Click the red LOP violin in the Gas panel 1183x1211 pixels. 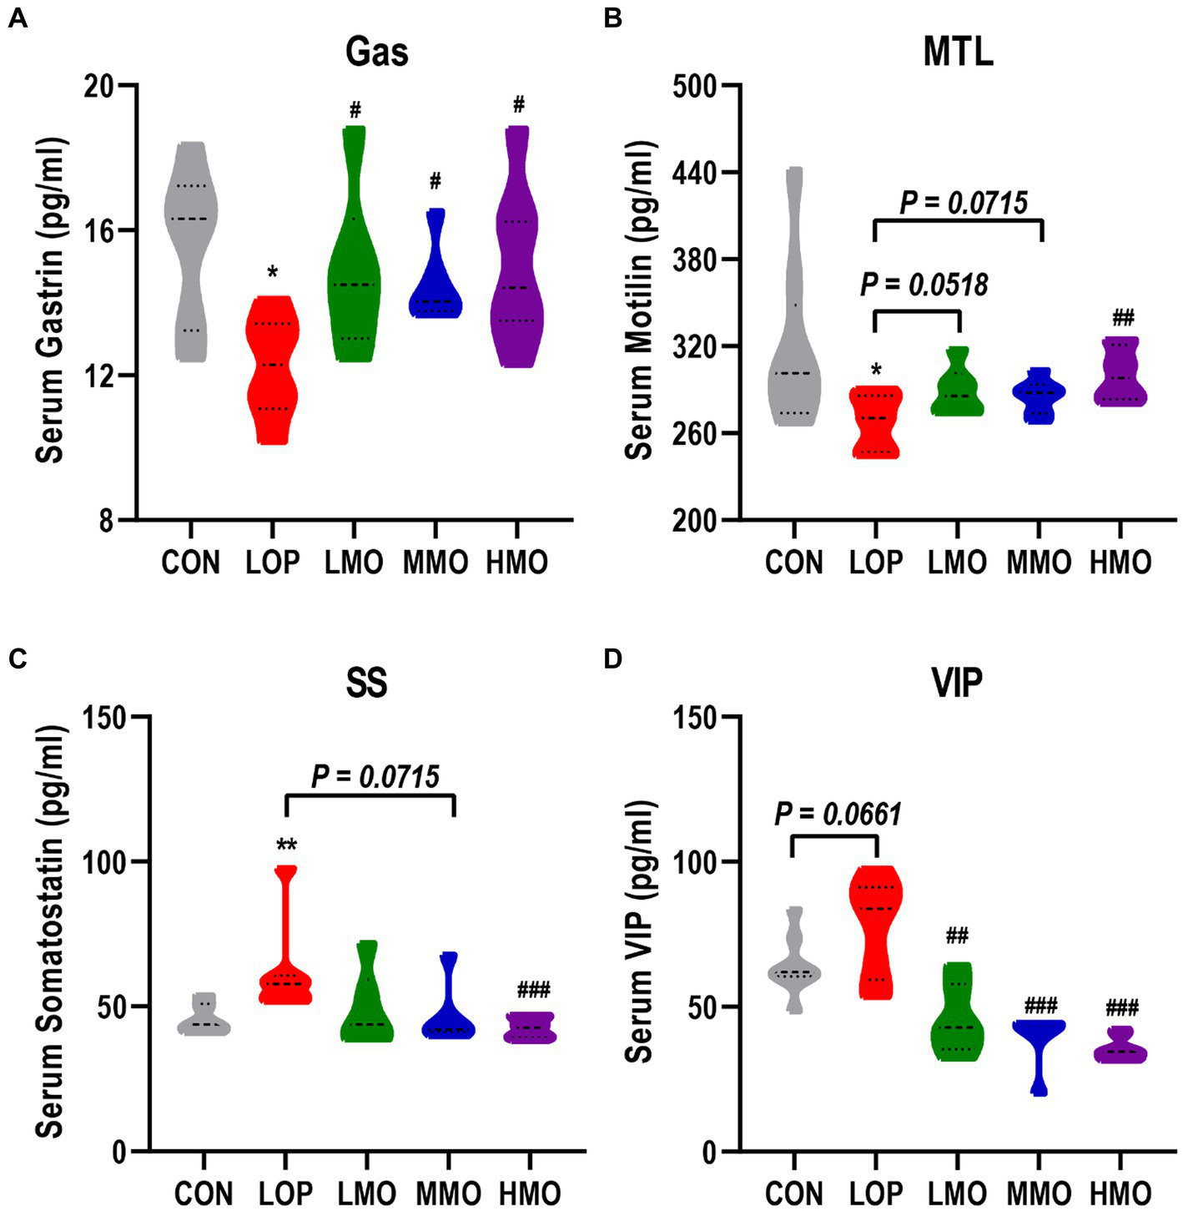pos(272,367)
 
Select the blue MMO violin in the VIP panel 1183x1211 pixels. pos(1040,1035)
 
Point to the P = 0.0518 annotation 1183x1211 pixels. pos(924,285)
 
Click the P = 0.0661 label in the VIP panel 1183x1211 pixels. pos(838,814)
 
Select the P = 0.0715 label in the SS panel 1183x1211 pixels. pos(375,777)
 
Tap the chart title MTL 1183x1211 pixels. pos(958,52)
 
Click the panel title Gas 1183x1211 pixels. pos(376,52)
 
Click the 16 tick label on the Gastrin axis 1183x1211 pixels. pos(98,230)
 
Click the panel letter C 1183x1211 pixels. pos(18,658)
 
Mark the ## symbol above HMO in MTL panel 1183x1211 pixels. pos(1123,318)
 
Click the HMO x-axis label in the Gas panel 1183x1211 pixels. pos(516,563)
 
